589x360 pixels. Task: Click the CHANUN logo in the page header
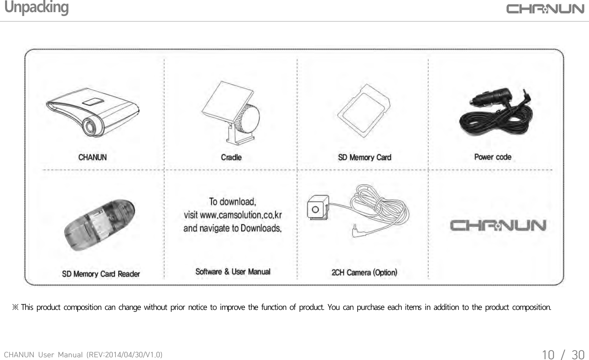545,9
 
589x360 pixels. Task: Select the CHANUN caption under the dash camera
92,157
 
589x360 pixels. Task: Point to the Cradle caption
231,157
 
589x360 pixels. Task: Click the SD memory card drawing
364,111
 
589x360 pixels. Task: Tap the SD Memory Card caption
365,157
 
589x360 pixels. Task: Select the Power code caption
493,157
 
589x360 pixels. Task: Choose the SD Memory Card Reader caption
101,274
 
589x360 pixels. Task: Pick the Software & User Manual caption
233,272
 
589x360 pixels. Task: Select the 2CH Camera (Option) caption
364,272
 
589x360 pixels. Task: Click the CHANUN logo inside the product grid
498,226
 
